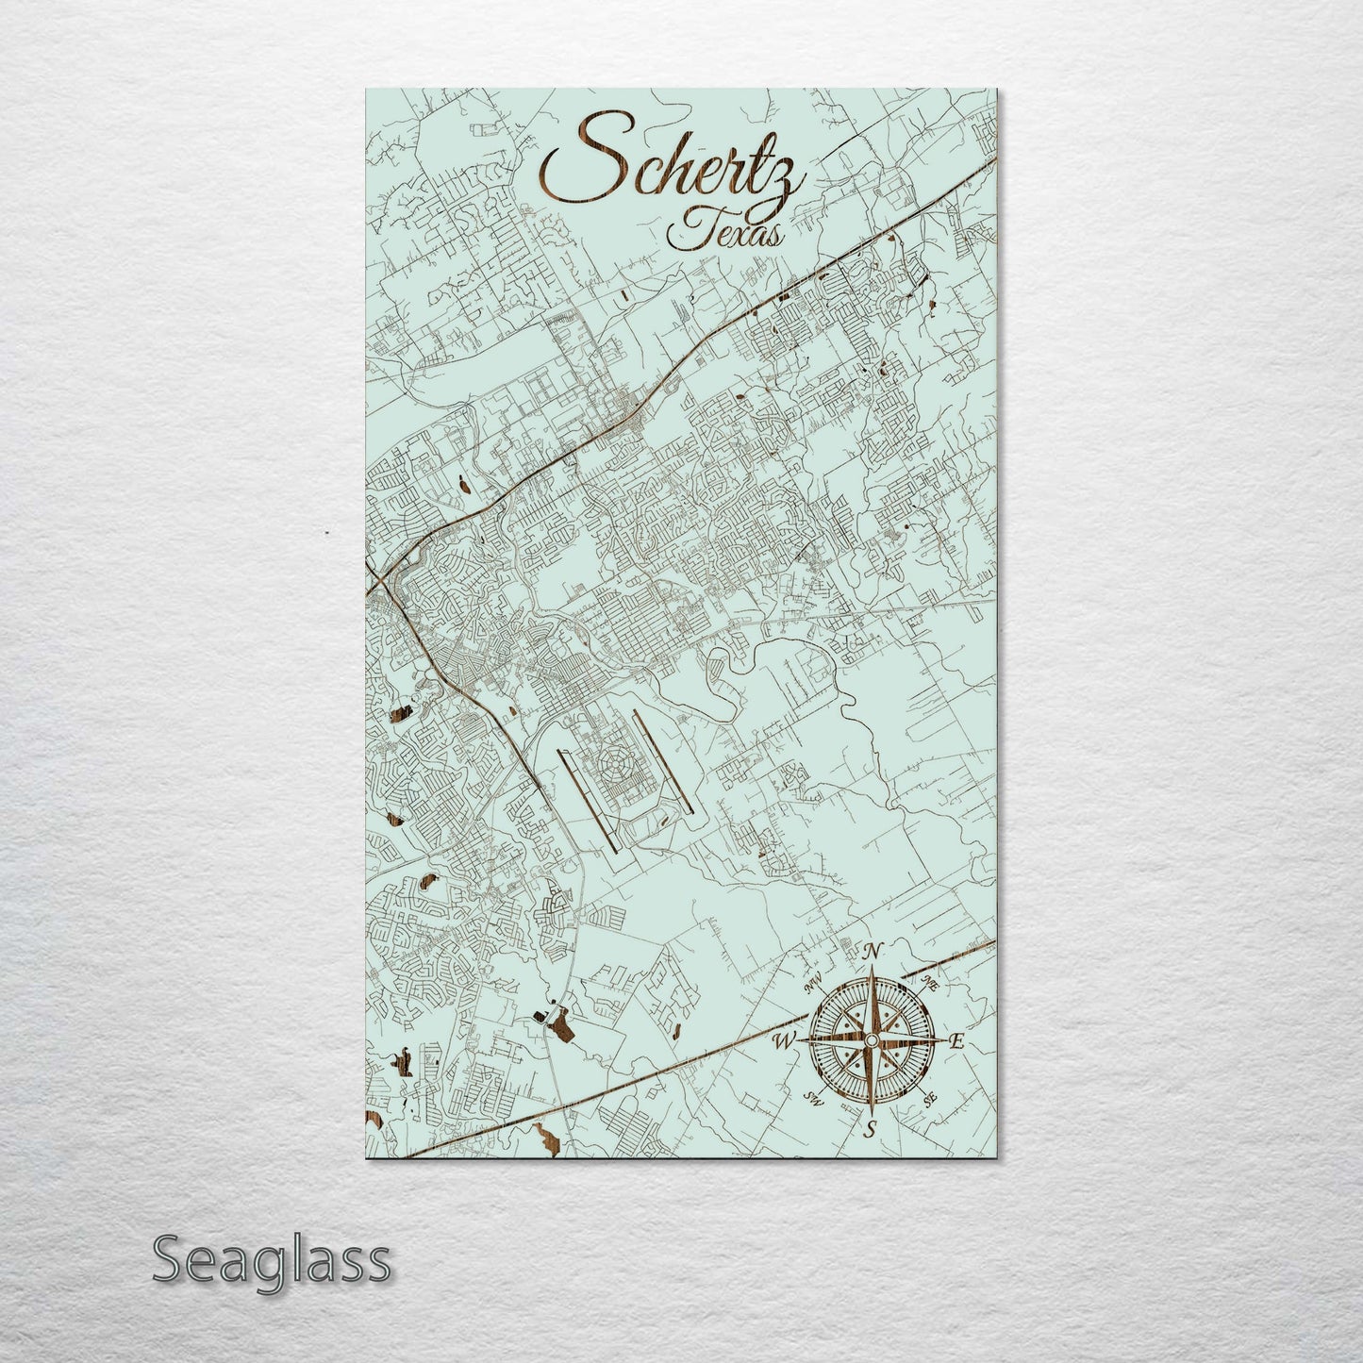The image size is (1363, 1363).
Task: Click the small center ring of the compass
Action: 871,1039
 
